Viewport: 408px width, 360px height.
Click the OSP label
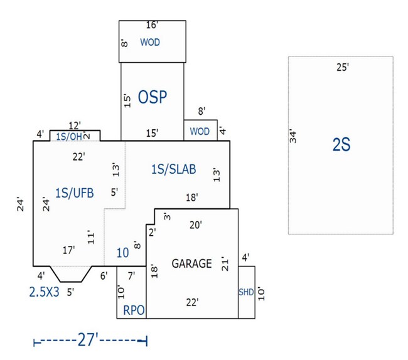coord(152,97)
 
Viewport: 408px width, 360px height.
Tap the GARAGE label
coord(191,263)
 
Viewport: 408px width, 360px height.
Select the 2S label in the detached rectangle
coord(341,145)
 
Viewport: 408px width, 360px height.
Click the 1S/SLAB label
coord(174,169)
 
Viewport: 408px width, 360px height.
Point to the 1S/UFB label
coord(74,193)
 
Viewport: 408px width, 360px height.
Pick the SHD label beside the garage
coord(245,292)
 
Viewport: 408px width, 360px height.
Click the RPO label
coord(133,309)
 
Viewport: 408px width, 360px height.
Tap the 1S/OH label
coord(68,135)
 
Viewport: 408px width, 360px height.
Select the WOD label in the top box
coord(150,43)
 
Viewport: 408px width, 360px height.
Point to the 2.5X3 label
coord(44,291)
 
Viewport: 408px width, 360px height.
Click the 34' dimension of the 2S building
coord(293,136)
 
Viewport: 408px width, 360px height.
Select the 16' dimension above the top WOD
coord(152,25)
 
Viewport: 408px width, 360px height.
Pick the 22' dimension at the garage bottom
coord(192,302)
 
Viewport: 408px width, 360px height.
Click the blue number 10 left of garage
coord(123,253)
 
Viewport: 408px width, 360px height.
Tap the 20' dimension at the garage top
coord(195,225)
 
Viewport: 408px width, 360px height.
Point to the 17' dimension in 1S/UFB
coord(68,250)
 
